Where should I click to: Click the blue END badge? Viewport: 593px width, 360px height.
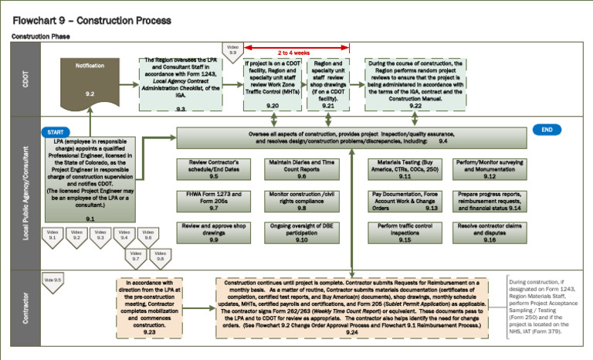coord(547,130)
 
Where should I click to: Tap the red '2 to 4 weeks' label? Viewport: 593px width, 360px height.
coord(290,53)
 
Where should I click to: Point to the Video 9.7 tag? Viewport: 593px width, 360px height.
coord(136,256)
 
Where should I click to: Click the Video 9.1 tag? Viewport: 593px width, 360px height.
coord(53,235)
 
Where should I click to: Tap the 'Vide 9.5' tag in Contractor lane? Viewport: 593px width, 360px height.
coord(53,281)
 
